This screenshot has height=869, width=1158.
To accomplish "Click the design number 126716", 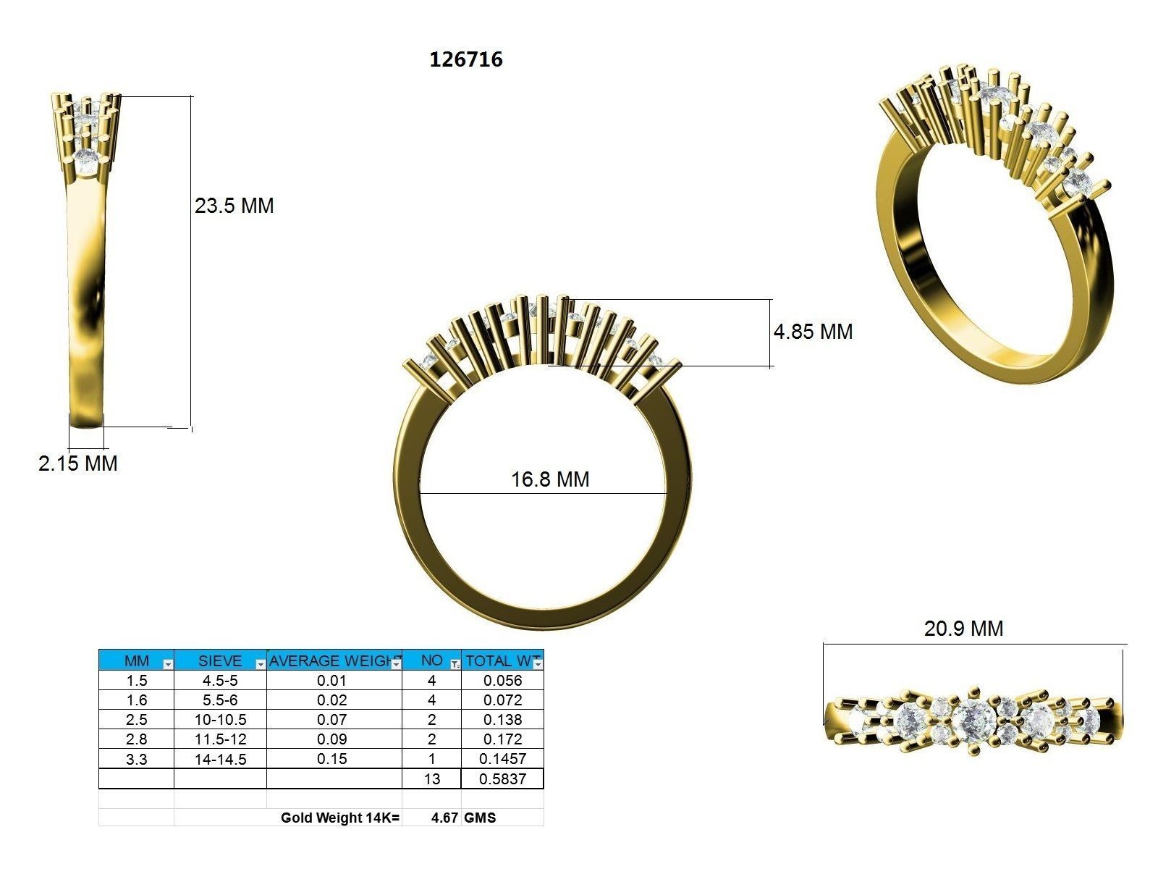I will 466,59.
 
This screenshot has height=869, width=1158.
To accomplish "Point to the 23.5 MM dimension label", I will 234,206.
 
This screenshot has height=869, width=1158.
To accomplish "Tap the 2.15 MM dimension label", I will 78,463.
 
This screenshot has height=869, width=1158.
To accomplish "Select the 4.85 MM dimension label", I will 813,332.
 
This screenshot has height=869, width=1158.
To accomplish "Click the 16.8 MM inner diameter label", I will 550,479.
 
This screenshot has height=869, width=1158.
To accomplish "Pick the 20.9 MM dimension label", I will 963,629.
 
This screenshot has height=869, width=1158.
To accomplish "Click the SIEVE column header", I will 219,660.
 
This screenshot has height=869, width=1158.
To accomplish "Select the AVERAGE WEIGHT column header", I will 334,660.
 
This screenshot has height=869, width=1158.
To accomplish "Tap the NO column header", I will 431,660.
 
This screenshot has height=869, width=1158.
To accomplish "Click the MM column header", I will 136,660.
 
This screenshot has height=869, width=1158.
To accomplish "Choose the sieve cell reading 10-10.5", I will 220,720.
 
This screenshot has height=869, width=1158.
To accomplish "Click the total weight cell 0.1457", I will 502,759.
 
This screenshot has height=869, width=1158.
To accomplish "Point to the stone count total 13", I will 431,779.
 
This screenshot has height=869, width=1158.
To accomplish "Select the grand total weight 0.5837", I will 502,779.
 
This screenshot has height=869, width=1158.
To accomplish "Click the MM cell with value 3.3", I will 136,759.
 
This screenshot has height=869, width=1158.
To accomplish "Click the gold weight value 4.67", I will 444,818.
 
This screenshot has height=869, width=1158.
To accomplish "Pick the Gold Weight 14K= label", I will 340,818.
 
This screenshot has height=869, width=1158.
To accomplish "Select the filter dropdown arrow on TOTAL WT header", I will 538,664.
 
